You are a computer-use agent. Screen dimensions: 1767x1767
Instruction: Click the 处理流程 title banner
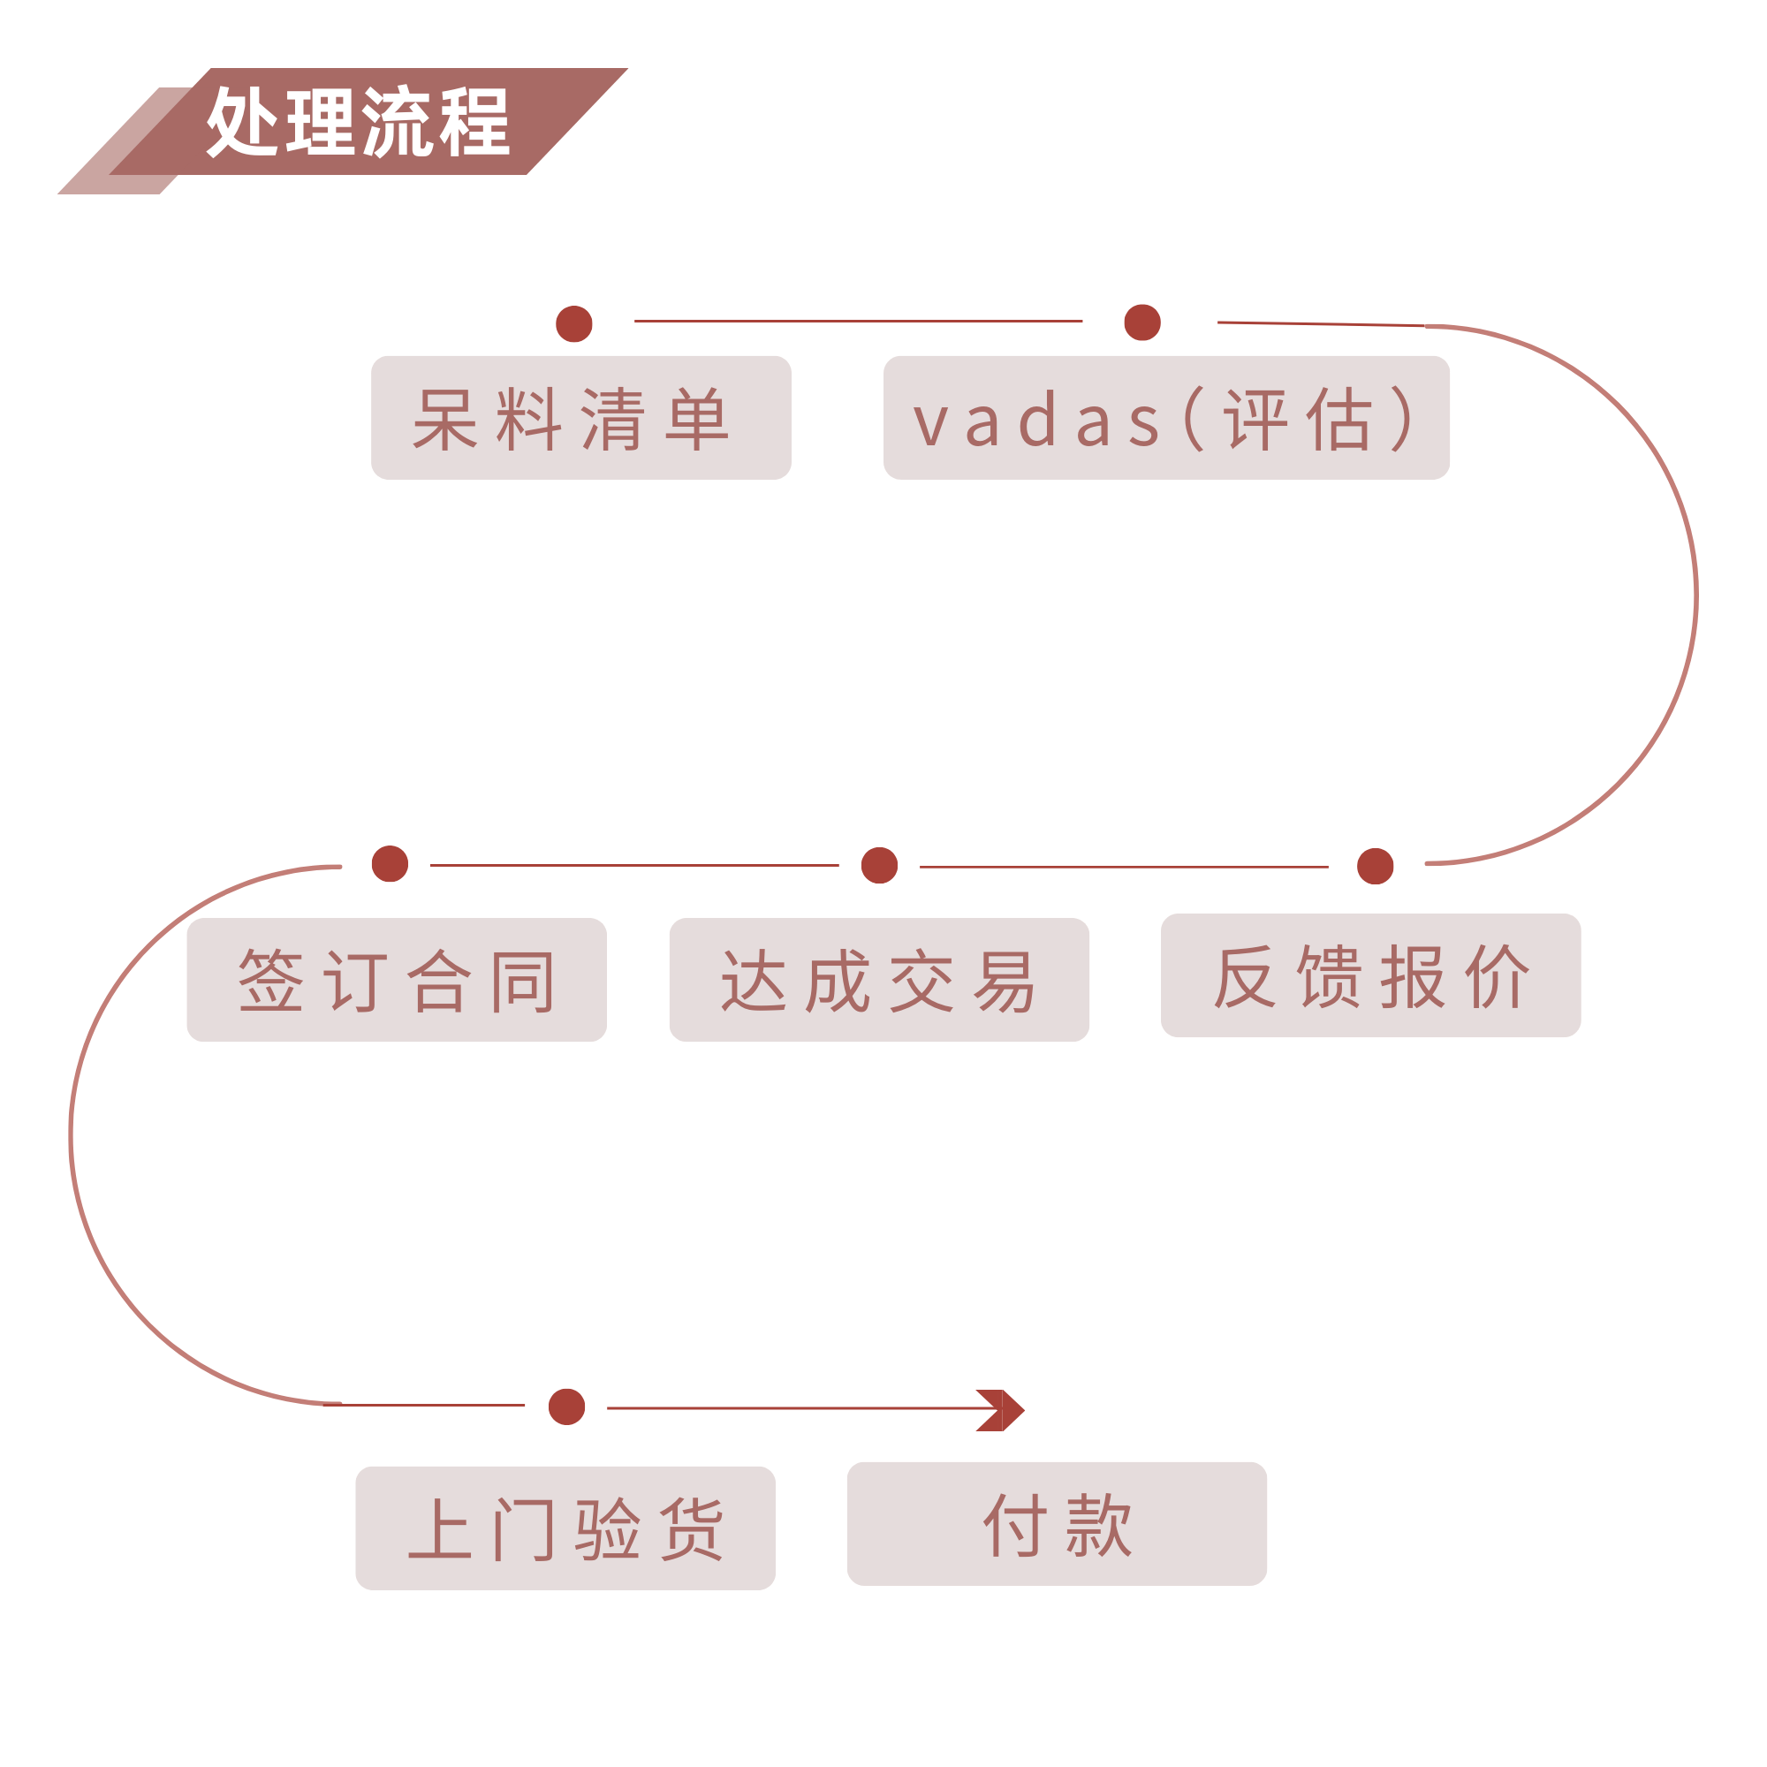pyautogui.click(x=357, y=124)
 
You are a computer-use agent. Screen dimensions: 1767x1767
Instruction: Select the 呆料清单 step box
pyautogui.click(x=580, y=417)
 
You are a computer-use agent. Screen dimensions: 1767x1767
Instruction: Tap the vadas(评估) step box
pyautogui.click(x=1166, y=417)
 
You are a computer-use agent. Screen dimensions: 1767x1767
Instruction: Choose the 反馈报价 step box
pyautogui.click(x=1370, y=976)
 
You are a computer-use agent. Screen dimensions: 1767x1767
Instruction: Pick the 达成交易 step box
pyautogui.click(x=879, y=981)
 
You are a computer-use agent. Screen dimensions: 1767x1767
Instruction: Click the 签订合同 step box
pyautogui.click(x=397, y=981)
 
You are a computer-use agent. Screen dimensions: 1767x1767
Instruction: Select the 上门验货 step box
pyautogui.click(x=565, y=1528)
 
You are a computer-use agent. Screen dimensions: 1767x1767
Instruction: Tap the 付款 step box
pyautogui.click(x=1057, y=1524)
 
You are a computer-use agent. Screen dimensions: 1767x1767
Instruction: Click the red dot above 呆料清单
pyautogui.click(x=574, y=323)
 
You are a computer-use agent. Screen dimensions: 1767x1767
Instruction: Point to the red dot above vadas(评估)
pyautogui.click(x=1141, y=322)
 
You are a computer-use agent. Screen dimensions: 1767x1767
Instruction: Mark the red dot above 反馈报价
pyautogui.click(x=1375, y=866)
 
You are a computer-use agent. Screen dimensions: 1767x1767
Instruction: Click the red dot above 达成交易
pyautogui.click(x=879, y=865)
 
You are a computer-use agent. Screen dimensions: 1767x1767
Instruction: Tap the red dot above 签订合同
pyautogui.click(x=390, y=863)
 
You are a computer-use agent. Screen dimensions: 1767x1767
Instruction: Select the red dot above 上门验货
pyautogui.click(x=566, y=1407)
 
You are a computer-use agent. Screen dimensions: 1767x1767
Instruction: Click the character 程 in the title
pyautogui.click(x=473, y=122)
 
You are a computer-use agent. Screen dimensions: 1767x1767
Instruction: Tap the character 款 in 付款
pyautogui.click(x=1098, y=1526)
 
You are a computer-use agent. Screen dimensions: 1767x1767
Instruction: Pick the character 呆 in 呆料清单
pyautogui.click(x=445, y=420)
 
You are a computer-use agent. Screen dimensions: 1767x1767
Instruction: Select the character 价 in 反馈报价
pyautogui.click(x=1497, y=977)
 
